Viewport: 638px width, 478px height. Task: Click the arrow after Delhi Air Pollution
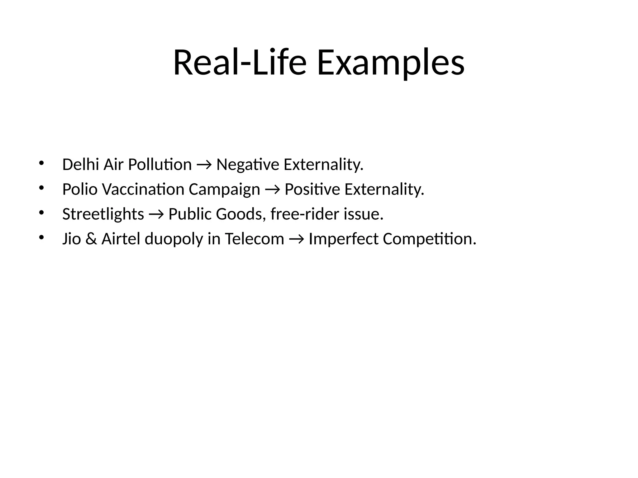204,165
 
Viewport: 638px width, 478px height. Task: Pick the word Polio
80,189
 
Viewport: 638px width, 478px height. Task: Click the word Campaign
224,190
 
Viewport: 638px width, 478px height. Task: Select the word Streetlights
103,214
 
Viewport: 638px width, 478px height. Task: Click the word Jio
71,239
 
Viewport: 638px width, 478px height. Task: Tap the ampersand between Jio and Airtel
91,239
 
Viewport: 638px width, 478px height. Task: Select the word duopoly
174,239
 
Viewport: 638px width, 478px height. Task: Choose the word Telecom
255,239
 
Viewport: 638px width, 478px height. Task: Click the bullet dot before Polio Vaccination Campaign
41,187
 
